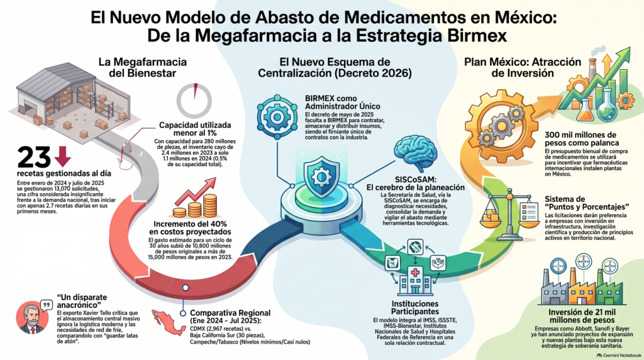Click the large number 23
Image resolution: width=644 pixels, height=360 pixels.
pos(34,157)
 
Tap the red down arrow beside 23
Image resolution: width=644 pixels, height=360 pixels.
pos(62,156)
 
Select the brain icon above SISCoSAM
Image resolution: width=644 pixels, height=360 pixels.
pos(415,154)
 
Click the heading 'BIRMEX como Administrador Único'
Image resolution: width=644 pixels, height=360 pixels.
pos(343,103)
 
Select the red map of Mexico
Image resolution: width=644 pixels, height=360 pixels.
pos(169,322)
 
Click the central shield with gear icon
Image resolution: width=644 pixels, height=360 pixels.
pos(321,178)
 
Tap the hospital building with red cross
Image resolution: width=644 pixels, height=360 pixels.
pos(415,279)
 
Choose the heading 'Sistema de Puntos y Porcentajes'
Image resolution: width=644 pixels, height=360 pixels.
pos(587,203)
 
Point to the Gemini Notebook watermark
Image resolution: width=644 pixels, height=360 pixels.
pos(619,355)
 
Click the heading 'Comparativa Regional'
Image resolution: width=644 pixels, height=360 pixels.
pos(230,313)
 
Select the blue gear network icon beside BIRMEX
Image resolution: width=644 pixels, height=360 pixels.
pos(277,117)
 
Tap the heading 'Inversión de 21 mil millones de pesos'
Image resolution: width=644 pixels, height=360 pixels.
pos(582,315)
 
